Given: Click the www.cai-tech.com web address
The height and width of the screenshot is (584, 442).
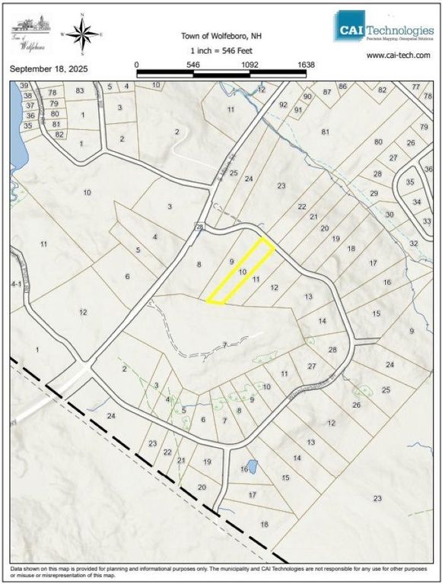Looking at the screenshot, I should pyautogui.click(x=398, y=56).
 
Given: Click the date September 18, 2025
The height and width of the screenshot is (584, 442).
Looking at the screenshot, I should pyautogui.click(x=49, y=68).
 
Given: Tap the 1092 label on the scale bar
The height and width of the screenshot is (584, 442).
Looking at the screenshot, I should pyautogui.click(x=250, y=65).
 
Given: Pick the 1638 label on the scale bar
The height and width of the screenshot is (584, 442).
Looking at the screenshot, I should pyautogui.click(x=305, y=65).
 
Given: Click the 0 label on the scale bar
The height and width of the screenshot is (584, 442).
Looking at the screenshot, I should pyautogui.click(x=137, y=65).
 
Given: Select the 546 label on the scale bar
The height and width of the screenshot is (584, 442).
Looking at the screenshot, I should pyautogui.click(x=193, y=65).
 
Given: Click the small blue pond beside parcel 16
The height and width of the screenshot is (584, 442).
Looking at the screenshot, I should pyautogui.click(x=251, y=465).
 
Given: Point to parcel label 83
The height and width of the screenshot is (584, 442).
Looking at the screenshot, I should pyautogui.click(x=78, y=90).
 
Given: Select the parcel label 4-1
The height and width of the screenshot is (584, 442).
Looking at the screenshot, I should pyautogui.click(x=15, y=283).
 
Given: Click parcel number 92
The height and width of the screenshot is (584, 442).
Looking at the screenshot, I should pyautogui.click(x=283, y=105).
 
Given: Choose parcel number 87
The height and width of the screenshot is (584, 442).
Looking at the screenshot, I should pyautogui.click(x=328, y=91).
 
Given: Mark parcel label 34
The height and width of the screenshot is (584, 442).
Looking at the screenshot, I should pyautogui.click(x=416, y=202).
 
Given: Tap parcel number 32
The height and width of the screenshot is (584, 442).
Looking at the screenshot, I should pyautogui.click(x=414, y=243).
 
